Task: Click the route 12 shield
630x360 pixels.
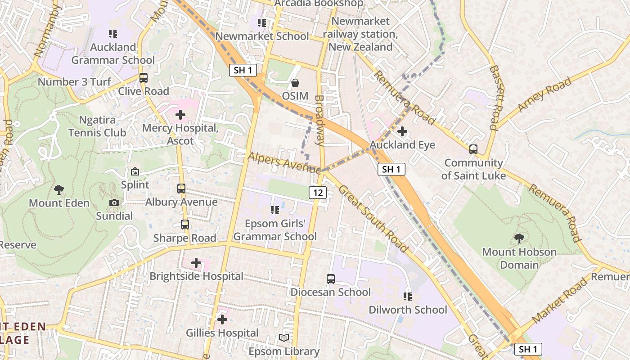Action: click(318, 193)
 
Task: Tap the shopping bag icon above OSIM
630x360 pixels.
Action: click(295, 83)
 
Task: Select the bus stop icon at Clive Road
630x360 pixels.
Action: click(144, 78)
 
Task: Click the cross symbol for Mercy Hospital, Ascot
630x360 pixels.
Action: click(180, 115)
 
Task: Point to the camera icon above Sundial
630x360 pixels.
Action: click(114, 203)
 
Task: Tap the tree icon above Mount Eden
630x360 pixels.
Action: click(59, 189)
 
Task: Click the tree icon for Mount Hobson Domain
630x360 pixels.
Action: click(519, 238)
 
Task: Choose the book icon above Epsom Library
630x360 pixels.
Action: click(284, 338)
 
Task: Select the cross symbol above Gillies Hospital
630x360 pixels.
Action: click(222, 319)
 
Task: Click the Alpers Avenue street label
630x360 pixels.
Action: click(284, 162)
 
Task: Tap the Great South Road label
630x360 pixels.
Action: click(373, 219)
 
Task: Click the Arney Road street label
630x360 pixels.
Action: click(544, 94)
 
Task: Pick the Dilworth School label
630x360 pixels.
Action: click(408, 310)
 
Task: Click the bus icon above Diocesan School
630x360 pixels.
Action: click(331, 279)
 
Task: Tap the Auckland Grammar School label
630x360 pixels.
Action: click(113, 54)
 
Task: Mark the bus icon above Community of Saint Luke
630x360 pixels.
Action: click(473, 149)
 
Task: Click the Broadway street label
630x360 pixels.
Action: click(319, 120)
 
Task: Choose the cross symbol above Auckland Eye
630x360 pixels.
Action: click(402, 131)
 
